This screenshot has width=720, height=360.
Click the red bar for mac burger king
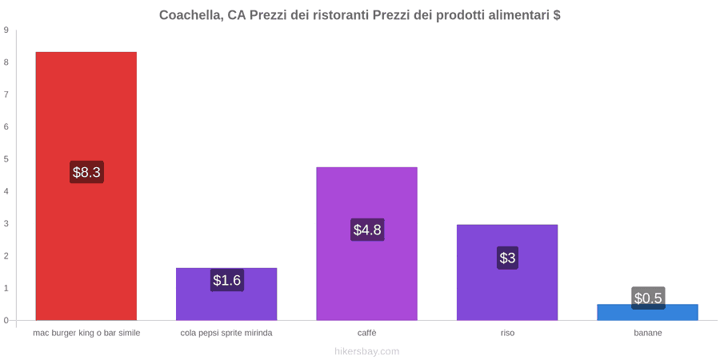(x=86, y=186)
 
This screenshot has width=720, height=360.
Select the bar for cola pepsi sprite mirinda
(x=226, y=294)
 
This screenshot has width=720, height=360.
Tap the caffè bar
(x=367, y=243)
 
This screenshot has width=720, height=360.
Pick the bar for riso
(x=507, y=272)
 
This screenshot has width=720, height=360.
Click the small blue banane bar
(x=647, y=312)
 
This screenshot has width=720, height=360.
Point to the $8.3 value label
(x=86, y=172)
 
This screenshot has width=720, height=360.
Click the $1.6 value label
(x=227, y=280)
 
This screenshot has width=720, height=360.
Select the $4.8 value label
(x=367, y=230)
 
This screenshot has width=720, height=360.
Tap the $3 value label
(x=507, y=258)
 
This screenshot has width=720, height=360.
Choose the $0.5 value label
(x=648, y=298)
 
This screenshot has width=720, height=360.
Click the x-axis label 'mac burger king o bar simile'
(x=86, y=333)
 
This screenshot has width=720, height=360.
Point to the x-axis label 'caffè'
(x=367, y=333)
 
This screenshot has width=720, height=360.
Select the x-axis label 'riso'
(x=507, y=333)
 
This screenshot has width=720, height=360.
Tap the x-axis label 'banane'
(x=648, y=333)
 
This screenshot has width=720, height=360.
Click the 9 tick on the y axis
(x=6, y=30)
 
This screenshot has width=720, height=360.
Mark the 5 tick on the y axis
(x=6, y=159)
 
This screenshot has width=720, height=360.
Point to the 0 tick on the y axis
(x=6, y=321)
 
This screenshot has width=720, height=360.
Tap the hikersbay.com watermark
(x=366, y=352)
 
